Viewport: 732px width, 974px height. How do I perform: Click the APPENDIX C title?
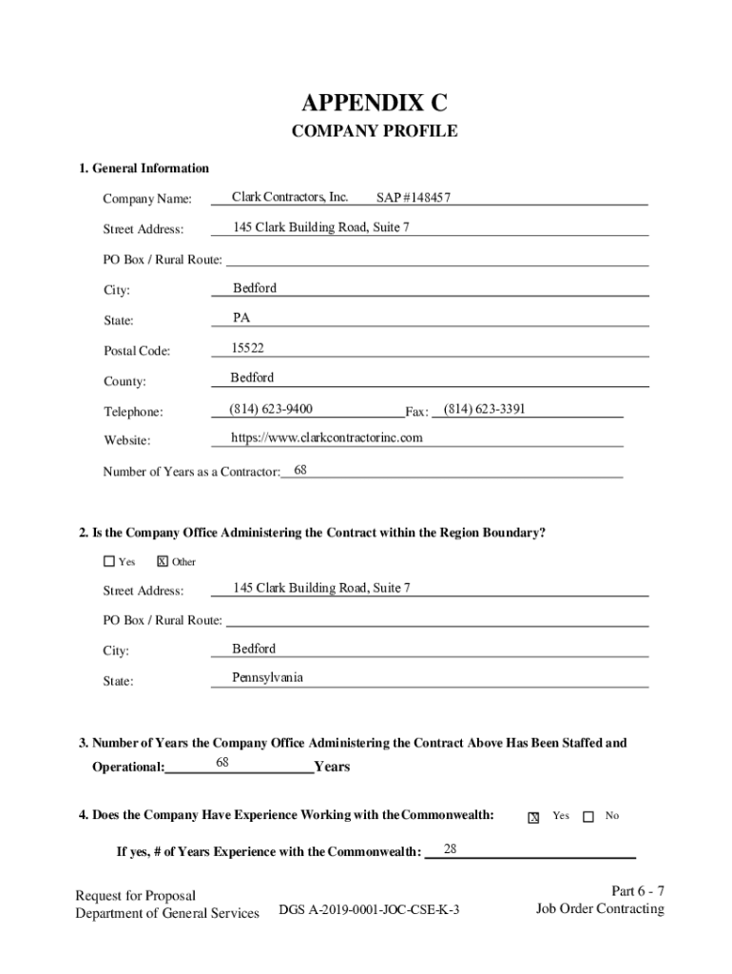click(x=374, y=103)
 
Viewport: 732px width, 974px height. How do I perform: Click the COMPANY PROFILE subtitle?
click(x=374, y=131)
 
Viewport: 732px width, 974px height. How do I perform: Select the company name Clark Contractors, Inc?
click(x=290, y=197)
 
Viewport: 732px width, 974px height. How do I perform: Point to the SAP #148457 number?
click(x=413, y=198)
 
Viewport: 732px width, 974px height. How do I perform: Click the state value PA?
click(x=241, y=318)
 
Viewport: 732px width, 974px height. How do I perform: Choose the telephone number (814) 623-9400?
click(x=271, y=409)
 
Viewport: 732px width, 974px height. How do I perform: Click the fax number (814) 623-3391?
click(x=485, y=409)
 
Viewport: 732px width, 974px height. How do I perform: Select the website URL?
click(x=327, y=438)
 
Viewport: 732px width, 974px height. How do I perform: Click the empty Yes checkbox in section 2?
click(x=109, y=561)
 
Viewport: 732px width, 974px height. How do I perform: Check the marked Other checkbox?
click(x=163, y=561)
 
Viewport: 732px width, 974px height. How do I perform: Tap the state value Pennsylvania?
click(x=268, y=677)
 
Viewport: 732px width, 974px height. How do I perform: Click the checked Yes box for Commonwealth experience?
click(x=534, y=817)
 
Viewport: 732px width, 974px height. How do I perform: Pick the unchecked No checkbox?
click(x=588, y=816)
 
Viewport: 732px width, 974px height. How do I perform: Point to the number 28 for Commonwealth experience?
click(x=451, y=847)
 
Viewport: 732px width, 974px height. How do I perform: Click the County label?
click(x=125, y=381)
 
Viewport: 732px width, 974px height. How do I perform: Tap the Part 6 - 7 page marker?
click(x=637, y=891)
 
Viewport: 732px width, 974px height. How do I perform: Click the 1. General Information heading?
click(x=144, y=168)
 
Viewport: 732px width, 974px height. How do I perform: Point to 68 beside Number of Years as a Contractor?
click(x=300, y=470)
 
